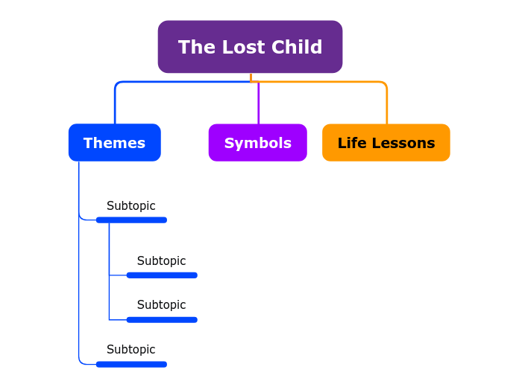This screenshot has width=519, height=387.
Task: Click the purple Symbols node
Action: [257, 143]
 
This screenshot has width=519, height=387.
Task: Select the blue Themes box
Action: [114, 143]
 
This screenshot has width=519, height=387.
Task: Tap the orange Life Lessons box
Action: [386, 143]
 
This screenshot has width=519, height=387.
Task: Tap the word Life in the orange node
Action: [352, 143]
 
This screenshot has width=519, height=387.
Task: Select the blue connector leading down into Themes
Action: [115, 104]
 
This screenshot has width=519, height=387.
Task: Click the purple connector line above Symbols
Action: [259, 103]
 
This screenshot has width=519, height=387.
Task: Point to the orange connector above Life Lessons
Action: [386, 104]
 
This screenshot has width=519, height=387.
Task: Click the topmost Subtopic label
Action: [131, 206]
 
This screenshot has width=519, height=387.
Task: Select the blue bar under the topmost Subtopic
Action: [131, 220]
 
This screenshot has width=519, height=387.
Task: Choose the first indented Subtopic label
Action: [162, 261]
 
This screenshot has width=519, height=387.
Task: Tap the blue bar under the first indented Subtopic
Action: [162, 275]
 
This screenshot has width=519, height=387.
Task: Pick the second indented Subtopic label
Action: [162, 305]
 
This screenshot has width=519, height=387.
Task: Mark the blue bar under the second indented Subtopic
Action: [162, 320]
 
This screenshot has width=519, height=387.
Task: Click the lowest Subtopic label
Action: [131, 350]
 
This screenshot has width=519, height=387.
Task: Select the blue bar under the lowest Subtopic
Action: [131, 364]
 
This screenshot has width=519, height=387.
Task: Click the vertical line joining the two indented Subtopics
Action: [109, 298]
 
